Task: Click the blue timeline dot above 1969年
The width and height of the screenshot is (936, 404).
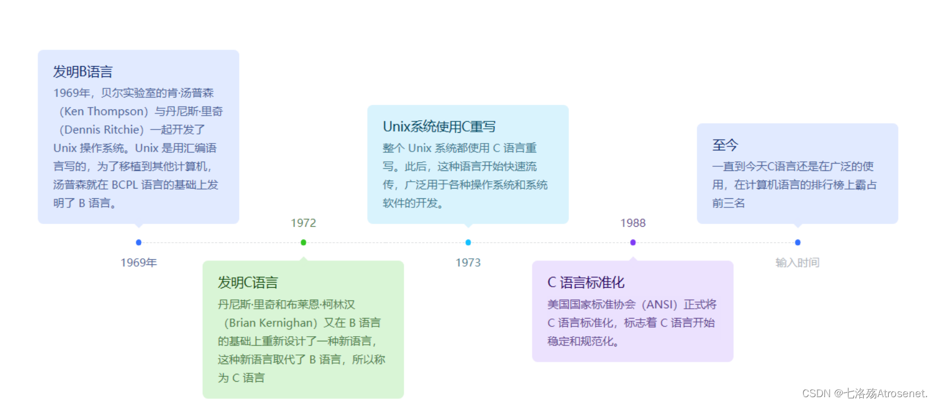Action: coord(138,242)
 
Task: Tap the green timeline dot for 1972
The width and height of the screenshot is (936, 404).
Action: coord(303,242)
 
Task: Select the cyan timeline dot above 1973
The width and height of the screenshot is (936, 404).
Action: coord(468,242)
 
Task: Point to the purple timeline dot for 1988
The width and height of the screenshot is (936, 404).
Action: coord(633,242)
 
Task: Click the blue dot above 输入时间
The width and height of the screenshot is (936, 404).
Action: coord(798,242)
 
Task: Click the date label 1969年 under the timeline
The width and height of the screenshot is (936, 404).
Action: coord(138,263)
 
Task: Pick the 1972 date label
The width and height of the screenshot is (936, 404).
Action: coord(303,223)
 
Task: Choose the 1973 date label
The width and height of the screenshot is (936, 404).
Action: coord(468,263)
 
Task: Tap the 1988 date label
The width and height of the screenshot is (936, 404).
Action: coord(633,223)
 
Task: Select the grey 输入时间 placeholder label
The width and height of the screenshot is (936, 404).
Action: coord(797,263)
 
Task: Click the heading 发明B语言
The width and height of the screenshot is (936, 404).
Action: coord(83,72)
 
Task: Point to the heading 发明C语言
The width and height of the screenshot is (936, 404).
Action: coord(248,283)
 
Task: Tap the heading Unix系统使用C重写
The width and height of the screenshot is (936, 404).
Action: coord(439,126)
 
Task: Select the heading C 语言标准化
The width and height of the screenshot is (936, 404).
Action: coord(586,283)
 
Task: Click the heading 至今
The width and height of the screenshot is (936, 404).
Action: coord(725,145)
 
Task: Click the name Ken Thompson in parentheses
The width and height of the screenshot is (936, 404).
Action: coord(104,111)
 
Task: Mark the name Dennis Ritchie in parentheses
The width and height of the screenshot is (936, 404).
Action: coord(101,129)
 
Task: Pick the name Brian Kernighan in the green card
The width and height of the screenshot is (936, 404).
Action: coord(270,323)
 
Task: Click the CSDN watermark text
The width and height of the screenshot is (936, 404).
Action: coord(864,393)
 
